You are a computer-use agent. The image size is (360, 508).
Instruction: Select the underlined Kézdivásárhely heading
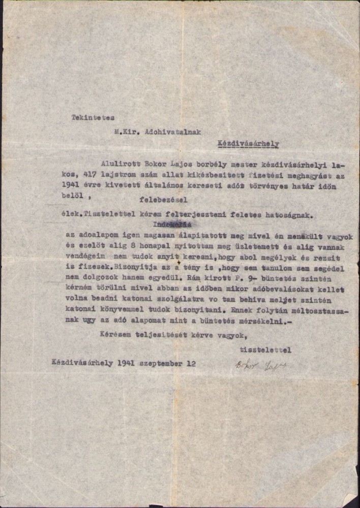coord(248,144)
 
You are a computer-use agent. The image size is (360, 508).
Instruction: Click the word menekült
coord(288,235)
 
